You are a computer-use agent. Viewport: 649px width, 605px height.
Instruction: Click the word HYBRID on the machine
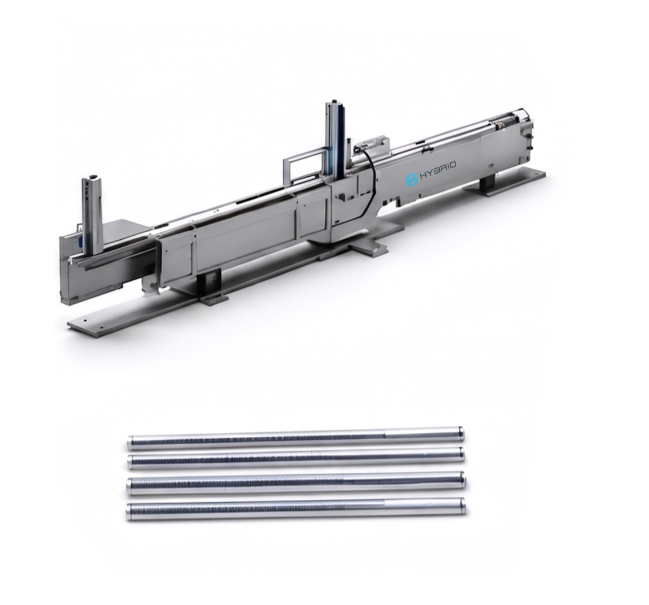coord(438,170)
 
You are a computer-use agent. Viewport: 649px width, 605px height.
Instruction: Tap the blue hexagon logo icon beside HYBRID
coord(410,179)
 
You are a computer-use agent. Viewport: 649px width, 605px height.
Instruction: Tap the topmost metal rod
coord(295,438)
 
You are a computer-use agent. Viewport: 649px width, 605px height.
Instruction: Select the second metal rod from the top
coord(295,458)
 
